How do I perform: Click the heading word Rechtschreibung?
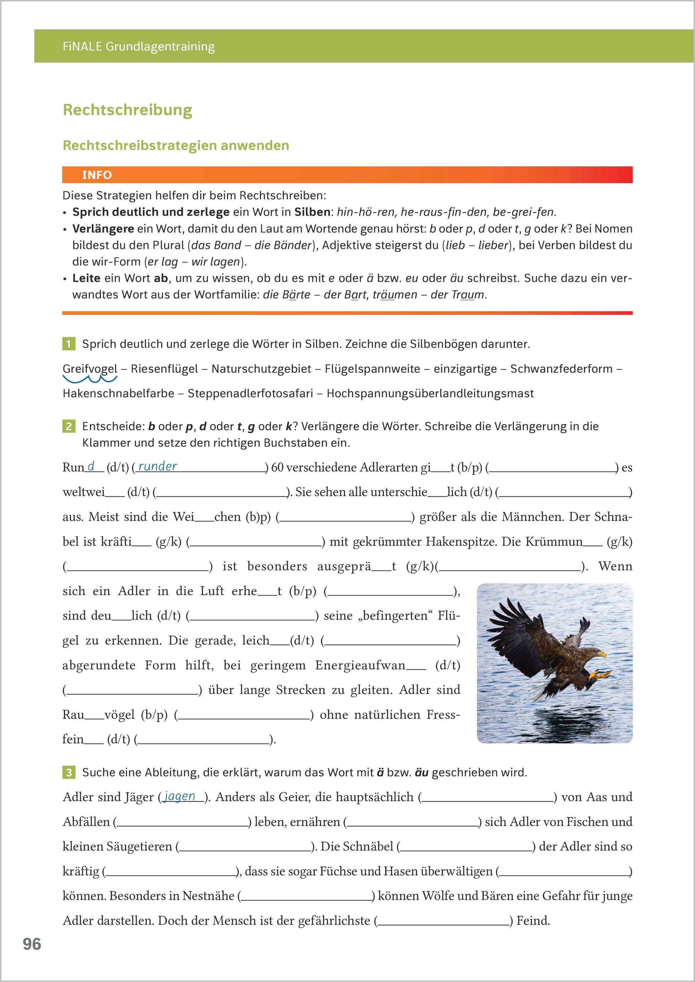click(x=127, y=110)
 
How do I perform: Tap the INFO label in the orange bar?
click(x=97, y=175)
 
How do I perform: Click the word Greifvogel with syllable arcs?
click(x=90, y=369)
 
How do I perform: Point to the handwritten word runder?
click(x=158, y=467)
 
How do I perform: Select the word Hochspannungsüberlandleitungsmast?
click(x=430, y=394)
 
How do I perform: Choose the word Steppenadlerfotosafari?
click(x=250, y=394)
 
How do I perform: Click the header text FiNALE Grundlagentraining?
click(x=139, y=46)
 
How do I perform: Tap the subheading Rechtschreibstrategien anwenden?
click(x=176, y=145)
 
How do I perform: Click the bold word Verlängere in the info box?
click(x=103, y=229)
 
